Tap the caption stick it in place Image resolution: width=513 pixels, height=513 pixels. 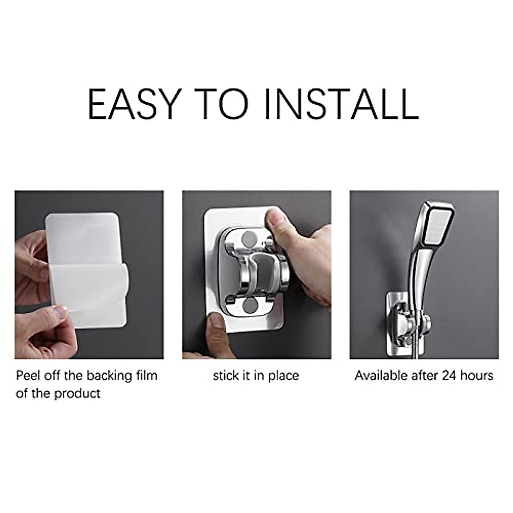coord(256,376)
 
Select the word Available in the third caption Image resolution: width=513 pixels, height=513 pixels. coord(380,376)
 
